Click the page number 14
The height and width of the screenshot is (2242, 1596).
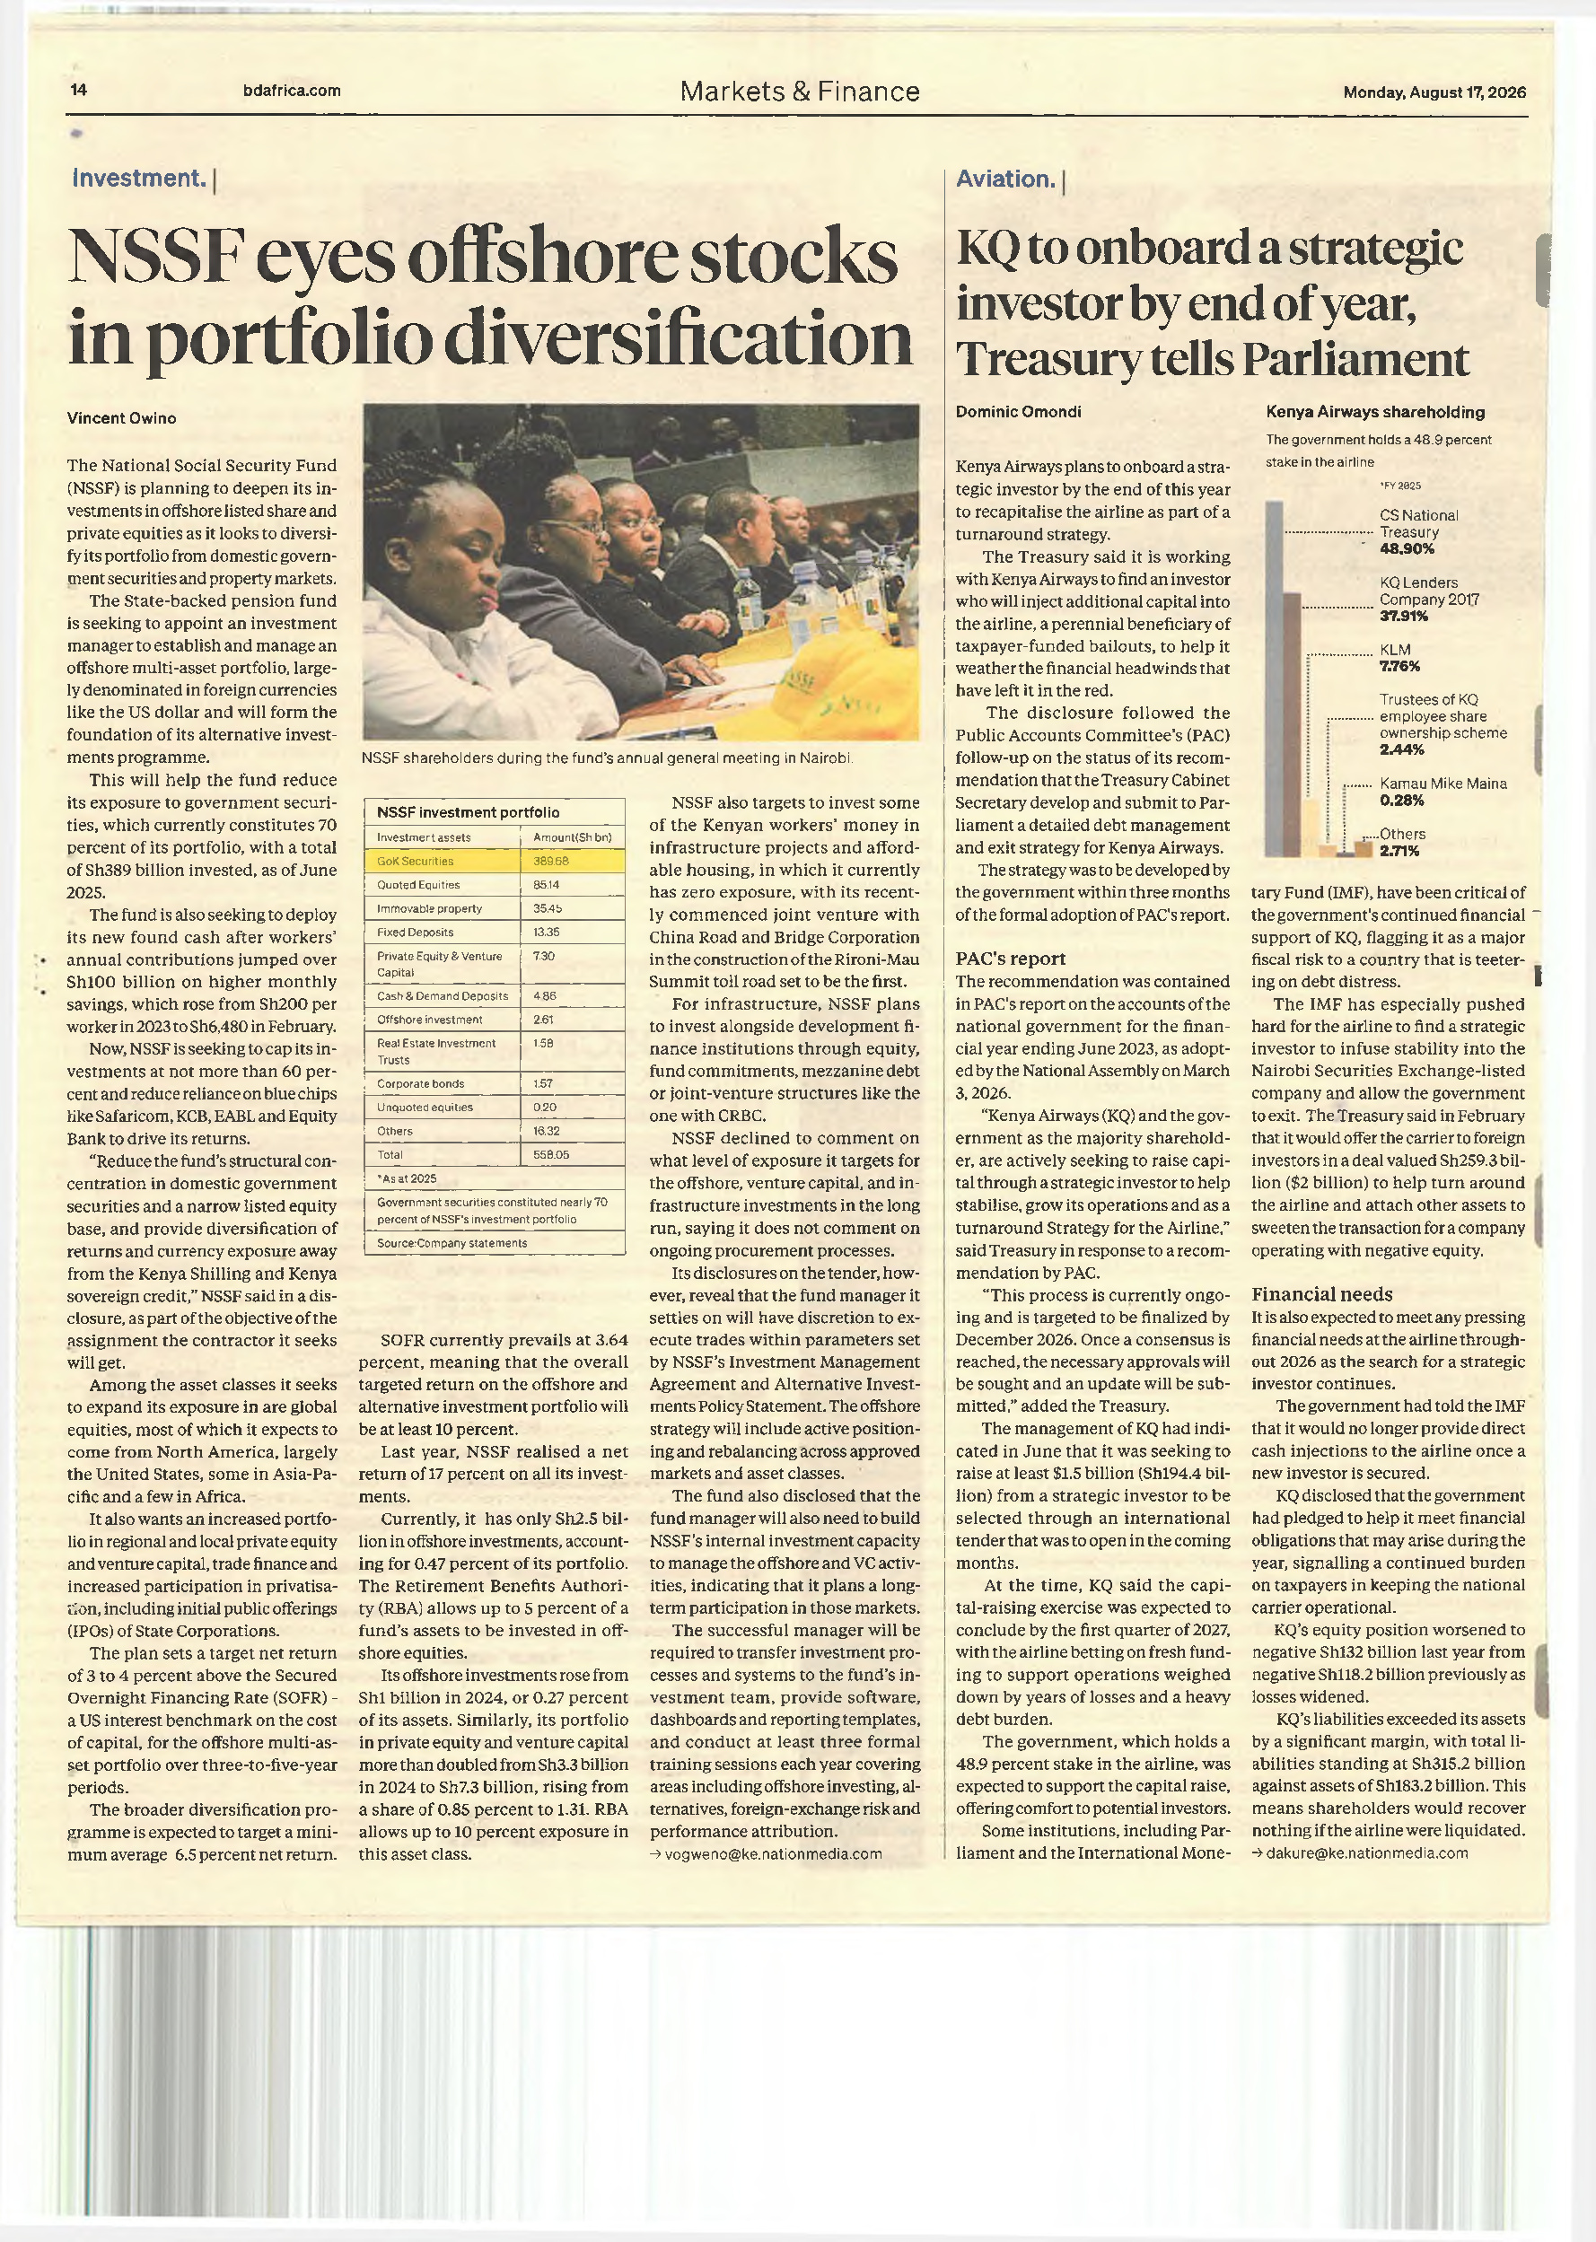click(79, 91)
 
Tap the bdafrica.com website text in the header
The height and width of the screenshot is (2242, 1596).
click(292, 91)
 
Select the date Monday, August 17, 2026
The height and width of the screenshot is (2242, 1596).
click(1434, 92)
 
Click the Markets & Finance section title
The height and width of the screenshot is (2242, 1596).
click(800, 92)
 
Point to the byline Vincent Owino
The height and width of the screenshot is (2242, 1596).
click(122, 417)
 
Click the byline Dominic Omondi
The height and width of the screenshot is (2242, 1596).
click(1018, 412)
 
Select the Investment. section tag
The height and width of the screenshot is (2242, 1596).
click(139, 178)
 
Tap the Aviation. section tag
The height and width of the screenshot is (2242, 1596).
click(1006, 179)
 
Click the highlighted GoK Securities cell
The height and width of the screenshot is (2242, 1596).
click(443, 861)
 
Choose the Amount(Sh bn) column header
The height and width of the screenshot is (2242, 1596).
click(572, 837)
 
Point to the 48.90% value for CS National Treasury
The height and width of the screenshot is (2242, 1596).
click(1407, 549)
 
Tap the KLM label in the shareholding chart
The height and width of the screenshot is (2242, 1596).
click(1395, 650)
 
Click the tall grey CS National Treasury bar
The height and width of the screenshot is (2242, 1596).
click(1274, 679)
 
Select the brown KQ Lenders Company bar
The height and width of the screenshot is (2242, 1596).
click(1293, 725)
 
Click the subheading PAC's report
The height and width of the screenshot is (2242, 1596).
click(1010, 959)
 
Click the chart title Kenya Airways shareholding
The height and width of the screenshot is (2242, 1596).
click(1375, 412)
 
